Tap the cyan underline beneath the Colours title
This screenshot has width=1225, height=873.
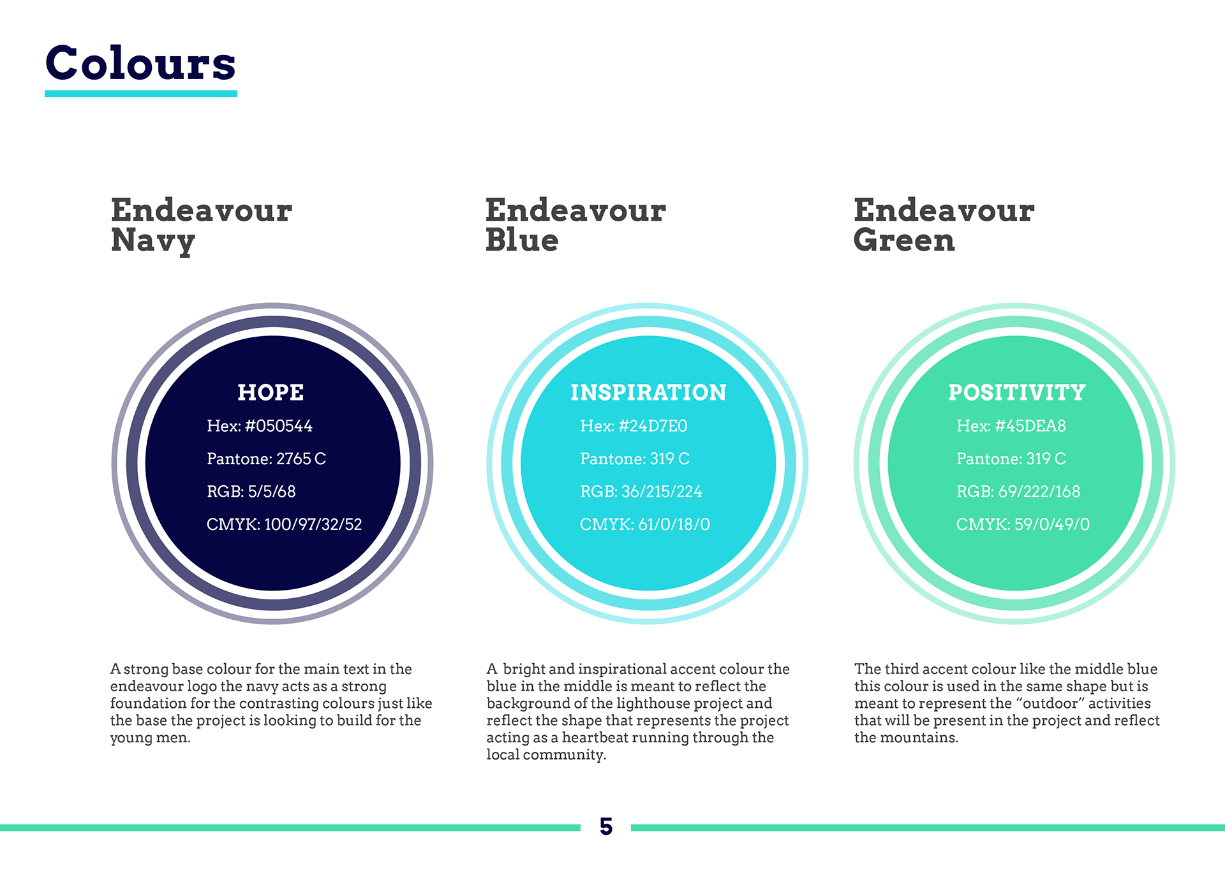[x=140, y=94]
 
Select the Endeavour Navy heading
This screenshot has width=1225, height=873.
[x=202, y=226]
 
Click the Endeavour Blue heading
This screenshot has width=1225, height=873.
[x=575, y=225]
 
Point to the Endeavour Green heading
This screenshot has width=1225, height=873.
[x=944, y=225]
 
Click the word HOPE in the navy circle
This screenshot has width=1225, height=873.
[x=271, y=392]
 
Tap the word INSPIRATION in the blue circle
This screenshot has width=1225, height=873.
[x=648, y=392]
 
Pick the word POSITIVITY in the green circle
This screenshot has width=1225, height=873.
[x=1016, y=392]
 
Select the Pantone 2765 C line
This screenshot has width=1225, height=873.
[x=266, y=459]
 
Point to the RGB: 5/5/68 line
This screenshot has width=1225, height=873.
[x=251, y=492]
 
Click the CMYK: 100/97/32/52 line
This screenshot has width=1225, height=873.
[x=284, y=524]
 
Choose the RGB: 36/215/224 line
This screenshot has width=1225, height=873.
[x=641, y=492]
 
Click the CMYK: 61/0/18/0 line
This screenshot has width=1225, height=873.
[x=644, y=524]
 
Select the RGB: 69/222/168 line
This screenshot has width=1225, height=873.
[x=1018, y=492]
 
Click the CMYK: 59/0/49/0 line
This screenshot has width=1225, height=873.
[x=1023, y=524]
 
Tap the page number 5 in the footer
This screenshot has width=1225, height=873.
[x=606, y=826]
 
